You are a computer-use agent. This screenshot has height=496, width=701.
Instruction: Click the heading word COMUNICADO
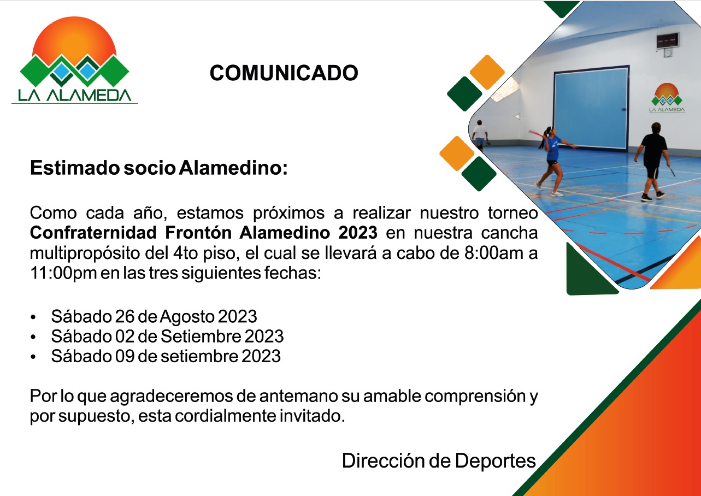284,73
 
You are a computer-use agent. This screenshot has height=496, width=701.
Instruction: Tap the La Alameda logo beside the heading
74,60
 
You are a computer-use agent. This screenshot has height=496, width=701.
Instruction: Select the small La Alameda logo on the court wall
667,98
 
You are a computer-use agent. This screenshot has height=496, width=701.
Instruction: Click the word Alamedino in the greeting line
233,168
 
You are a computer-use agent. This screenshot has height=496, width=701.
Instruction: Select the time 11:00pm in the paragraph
63,273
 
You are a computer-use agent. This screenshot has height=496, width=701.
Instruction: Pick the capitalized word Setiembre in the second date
201,336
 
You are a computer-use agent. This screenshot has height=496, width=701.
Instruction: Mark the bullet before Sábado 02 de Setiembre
33,337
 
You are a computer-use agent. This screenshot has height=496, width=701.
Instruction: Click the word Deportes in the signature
495,462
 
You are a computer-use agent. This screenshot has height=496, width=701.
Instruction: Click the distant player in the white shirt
480,134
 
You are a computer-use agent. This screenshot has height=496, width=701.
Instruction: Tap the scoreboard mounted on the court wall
667,40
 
